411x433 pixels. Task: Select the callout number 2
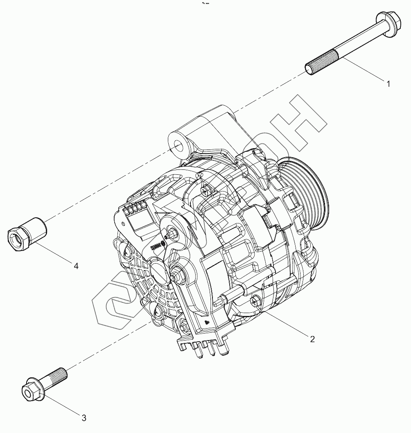pyautogui.click(x=312, y=339)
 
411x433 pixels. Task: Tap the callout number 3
pyautogui.click(x=84, y=418)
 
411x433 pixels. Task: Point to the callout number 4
pyautogui.click(x=76, y=266)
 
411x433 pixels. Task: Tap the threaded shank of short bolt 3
pyautogui.click(x=55, y=376)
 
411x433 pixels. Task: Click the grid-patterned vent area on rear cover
pyautogui.click(x=143, y=282)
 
